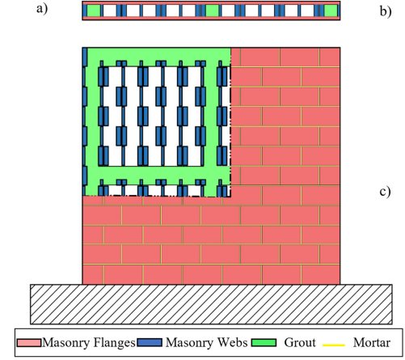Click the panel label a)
42,9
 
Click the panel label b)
386,11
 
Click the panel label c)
385,192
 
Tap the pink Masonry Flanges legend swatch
29,343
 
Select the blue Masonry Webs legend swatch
150,342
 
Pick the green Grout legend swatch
264,342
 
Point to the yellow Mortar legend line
334,345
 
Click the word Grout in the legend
300,343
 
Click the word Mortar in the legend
372,343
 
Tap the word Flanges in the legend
114,343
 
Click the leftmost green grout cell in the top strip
94,11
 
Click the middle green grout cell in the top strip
212,11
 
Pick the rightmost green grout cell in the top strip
331,11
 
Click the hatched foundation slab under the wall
211,304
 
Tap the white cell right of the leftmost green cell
109,11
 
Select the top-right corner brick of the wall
330,57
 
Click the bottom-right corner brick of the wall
320,274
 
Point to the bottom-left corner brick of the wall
93,274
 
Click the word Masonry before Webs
190,343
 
